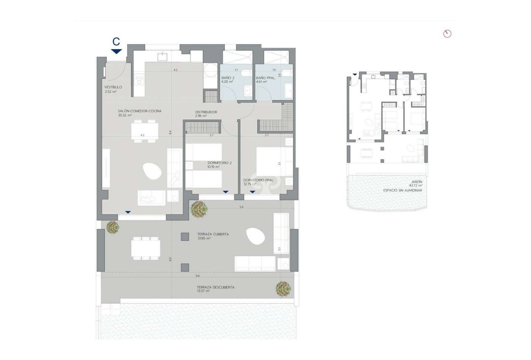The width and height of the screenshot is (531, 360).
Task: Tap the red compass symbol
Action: pyautogui.click(x=447, y=34)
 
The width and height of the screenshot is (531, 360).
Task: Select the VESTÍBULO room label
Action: pyautogui.click(x=113, y=87)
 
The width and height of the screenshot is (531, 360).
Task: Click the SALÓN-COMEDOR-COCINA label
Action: pyautogui.click(x=134, y=111)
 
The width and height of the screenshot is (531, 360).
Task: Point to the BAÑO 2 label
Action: pyautogui.click(x=228, y=78)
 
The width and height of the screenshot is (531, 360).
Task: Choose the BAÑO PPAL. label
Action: pyautogui.click(x=265, y=78)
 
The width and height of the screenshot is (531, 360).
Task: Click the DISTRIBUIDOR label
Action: pyautogui.click(x=206, y=112)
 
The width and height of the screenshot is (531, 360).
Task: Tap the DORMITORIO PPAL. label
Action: pyautogui.click(x=259, y=180)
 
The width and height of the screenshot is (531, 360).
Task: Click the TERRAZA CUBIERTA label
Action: pyautogui.click(x=213, y=234)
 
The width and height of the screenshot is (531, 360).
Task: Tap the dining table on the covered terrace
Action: pyautogui.click(x=146, y=248)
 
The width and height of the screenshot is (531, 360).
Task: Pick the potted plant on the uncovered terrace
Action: pyautogui.click(x=283, y=289)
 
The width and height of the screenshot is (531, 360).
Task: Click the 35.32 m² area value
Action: pyautogui.click(x=125, y=115)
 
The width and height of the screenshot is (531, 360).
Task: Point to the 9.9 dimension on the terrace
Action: pyautogui.click(x=198, y=276)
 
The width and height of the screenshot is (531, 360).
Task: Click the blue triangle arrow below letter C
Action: pyautogui.click(x=116, y=51)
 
